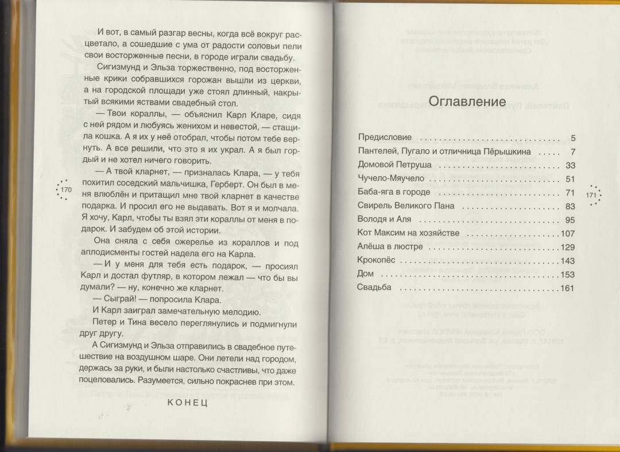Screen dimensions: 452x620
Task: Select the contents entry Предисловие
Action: pos(385,138)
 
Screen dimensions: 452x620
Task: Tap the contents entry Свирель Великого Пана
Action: pos(405,206)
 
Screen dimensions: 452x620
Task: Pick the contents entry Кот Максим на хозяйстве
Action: pos(408,233)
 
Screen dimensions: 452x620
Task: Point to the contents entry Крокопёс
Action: pos(374,261)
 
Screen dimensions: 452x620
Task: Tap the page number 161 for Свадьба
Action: pos(568,288)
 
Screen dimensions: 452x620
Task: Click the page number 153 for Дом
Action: pos(568,275)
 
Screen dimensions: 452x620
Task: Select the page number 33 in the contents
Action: pos(570,165)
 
